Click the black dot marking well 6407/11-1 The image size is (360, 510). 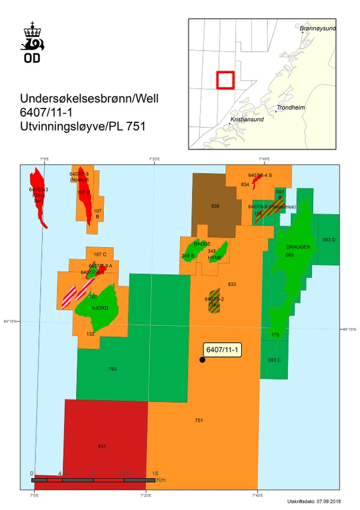pyautogui.click(x=202, y=359)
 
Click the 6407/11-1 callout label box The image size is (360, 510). pyautogui.click(x=222, y=350)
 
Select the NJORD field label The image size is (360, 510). pyautogui.click(x=100, y=308)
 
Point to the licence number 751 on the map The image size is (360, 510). pyautogui.click(x=199, y=421)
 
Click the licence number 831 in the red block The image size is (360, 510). pyautogui.click(x=101, y=446)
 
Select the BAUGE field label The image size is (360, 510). pyautogui.click(x=202, y=244)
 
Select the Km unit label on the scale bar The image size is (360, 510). pyautogui.click(x=161, y=480)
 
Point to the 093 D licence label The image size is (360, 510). pyautogui.click(x=329, y=239)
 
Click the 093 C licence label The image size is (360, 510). pyautogui.click(x=275, y=359)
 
